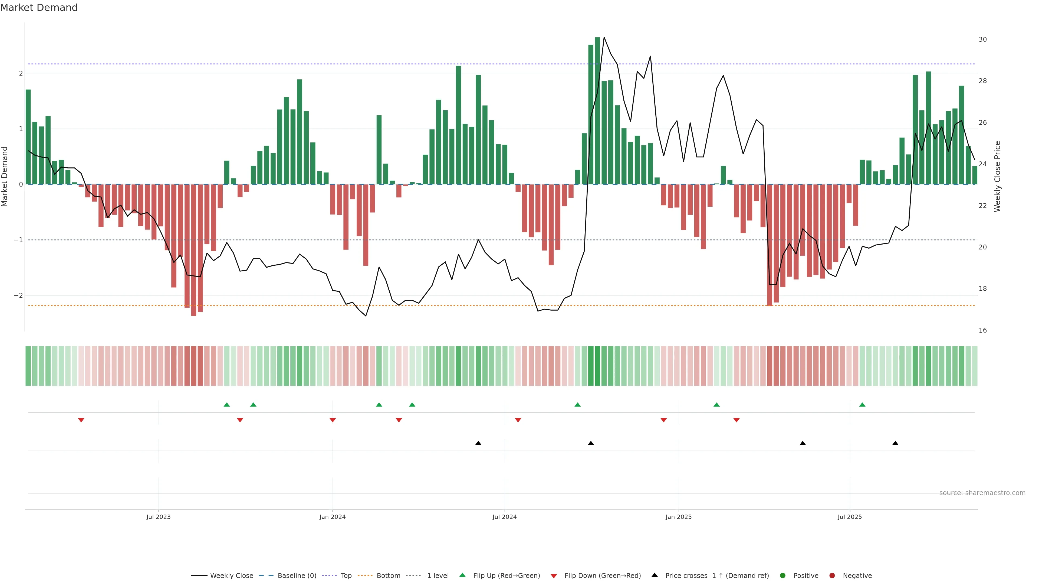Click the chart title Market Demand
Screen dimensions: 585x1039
click(x=39, y=8)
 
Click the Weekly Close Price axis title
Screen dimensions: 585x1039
click(x=997, y=176)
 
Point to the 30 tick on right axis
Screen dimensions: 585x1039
click(x=982, y=40)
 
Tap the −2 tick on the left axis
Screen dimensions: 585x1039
click(x=19, y=295)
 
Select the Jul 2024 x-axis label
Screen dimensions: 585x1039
click(x=504, y=517)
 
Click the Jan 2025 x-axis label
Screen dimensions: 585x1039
click(x=678, y=517)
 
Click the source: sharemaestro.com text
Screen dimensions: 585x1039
click(x=982, y=493)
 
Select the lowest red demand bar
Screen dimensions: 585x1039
click(x=194, y=250)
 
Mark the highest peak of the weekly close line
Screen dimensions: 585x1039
click(x=604, y=38)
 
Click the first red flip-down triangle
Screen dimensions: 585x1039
click(x=81, y=420)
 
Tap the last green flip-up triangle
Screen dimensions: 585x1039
click(x=862, y=405)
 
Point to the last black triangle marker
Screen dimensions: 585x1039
click(x=895, y=443)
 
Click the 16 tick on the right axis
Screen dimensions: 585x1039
click(x=982, y=330)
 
